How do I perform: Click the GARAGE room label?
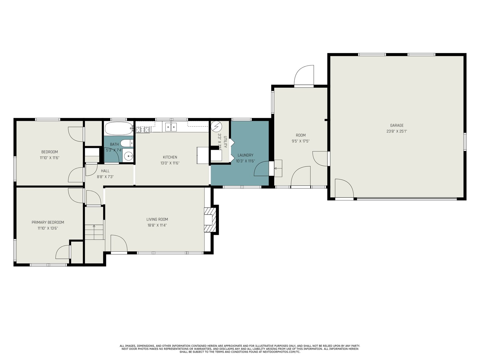[x=397, y=125]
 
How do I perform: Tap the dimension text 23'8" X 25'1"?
[x=397, y=131]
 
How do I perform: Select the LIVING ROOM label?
[x=157, y=219]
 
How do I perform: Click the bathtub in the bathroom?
[x=119, y=128]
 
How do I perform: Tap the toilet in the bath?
[x=127, y=143]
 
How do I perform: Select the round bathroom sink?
[x=128, y=156]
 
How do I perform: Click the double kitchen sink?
[x=171, y=127]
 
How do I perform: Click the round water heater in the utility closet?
[x=217, y=126]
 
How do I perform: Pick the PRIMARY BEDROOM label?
[x=48, y=222]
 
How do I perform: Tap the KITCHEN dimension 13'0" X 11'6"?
[x=170, y=163]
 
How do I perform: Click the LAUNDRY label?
[x=245, y=155]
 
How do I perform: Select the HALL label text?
[x=105, y=171]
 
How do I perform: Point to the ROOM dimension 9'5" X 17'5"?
[x=301, y=141]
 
